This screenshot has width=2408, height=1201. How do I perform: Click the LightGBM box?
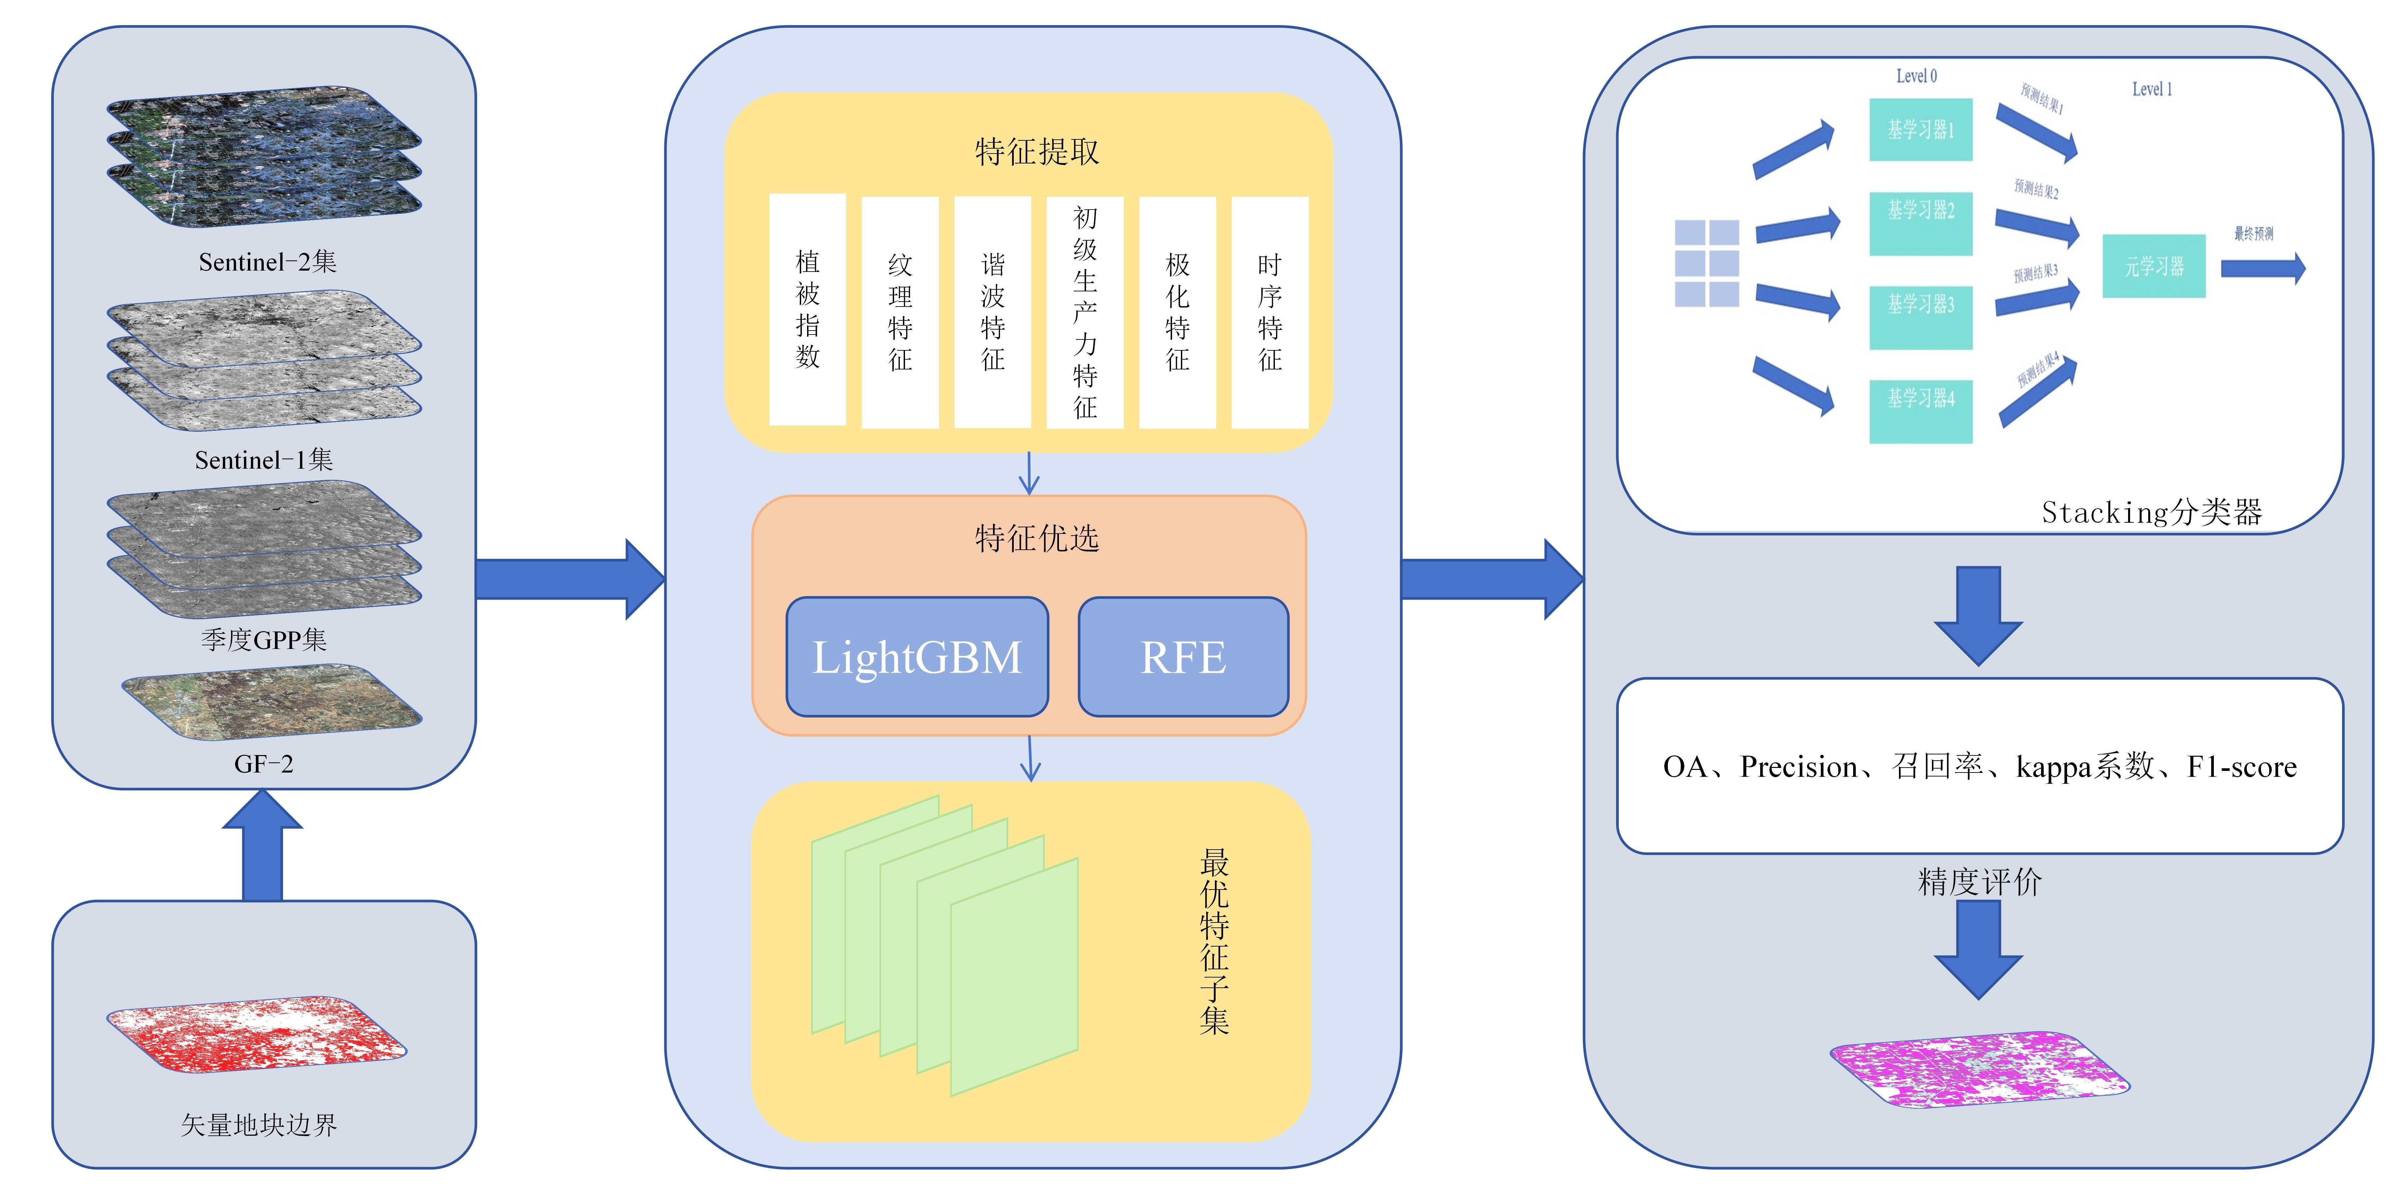tap(917, 657)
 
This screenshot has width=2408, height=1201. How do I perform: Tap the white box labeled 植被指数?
tap(808, 309)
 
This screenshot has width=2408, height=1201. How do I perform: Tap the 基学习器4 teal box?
tap(1921, 411)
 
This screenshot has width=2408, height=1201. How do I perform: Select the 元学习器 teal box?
tap(2154, 266)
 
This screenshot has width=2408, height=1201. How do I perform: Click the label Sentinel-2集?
tap(267, 262)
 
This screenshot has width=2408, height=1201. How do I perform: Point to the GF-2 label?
tap(264, 765)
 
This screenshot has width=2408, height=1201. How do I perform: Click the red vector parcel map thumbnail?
tap(257, 1036)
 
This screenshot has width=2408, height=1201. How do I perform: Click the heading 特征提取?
tap(1037, 151)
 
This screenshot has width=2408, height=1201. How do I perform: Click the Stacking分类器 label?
tap(2152, 512)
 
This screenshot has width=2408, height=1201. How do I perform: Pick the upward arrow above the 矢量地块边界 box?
tap(263, 846)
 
